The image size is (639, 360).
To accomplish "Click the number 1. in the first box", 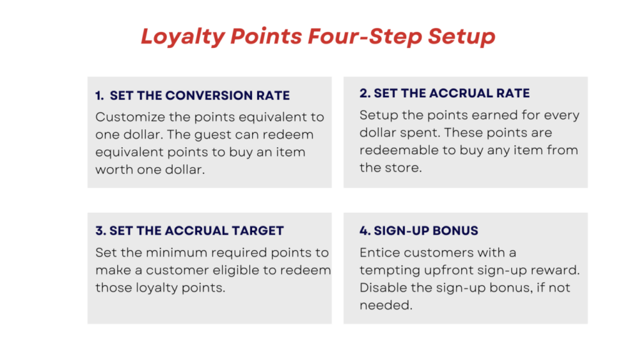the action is [99, 96].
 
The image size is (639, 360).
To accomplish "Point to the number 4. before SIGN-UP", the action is [365, 231].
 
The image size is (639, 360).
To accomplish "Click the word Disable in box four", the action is [381, 288].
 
